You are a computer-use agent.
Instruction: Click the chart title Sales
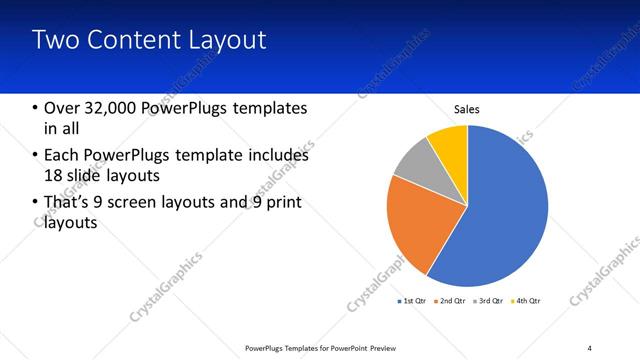(x=467, y=109)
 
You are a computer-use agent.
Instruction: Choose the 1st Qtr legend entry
(x=414, y=300)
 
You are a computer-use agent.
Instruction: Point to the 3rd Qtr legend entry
(x=489, y=300)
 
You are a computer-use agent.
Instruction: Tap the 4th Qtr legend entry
(x=526, y=300)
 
